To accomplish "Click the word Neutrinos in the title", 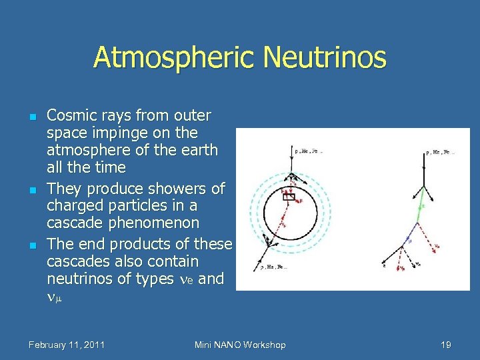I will click(324, 57).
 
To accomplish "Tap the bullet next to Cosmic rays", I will click(32, 117).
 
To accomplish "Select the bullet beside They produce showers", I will click(32, 189).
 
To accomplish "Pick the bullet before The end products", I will click(32, 245).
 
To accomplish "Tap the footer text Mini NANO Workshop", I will click(240, 345).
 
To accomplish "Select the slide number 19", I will click(446, 345).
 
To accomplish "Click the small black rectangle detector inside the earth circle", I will click(289, 197).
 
